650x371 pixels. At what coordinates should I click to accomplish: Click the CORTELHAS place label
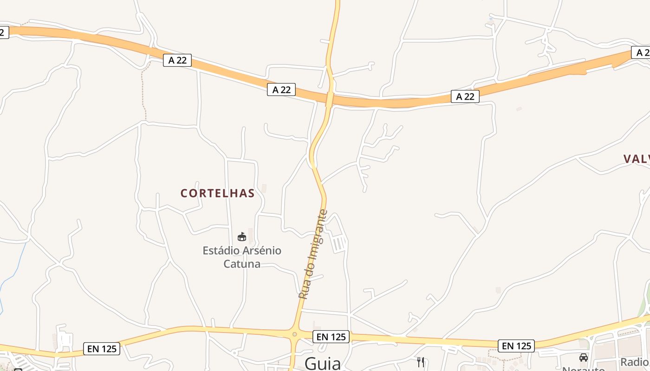pos(217,193)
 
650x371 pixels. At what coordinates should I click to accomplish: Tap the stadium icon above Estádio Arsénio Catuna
pos(241,237)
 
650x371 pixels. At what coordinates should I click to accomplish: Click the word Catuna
pos(241,264)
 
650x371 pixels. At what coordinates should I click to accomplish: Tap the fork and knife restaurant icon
pos(421,362)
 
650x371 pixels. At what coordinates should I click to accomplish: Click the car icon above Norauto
pos(584,358)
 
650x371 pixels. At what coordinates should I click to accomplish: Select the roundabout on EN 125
pos(294,334)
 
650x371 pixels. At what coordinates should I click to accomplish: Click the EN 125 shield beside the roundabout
pos(331,337)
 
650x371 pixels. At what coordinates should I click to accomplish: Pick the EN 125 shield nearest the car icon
pos(516,345)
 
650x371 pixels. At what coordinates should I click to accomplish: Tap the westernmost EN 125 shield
pos(102,349)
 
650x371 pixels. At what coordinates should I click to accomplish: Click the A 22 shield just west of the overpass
pos(281,90)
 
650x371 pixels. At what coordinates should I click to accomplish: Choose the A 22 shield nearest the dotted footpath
pos(177,60)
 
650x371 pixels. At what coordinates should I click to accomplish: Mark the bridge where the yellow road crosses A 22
pos(330,99)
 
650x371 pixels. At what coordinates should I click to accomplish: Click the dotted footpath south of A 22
pos(143,93)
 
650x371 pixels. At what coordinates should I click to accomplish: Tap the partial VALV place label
pos(636,159)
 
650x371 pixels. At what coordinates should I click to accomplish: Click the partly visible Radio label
pos(635,362)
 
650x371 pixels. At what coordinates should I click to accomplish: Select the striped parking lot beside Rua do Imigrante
pos(339,243)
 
